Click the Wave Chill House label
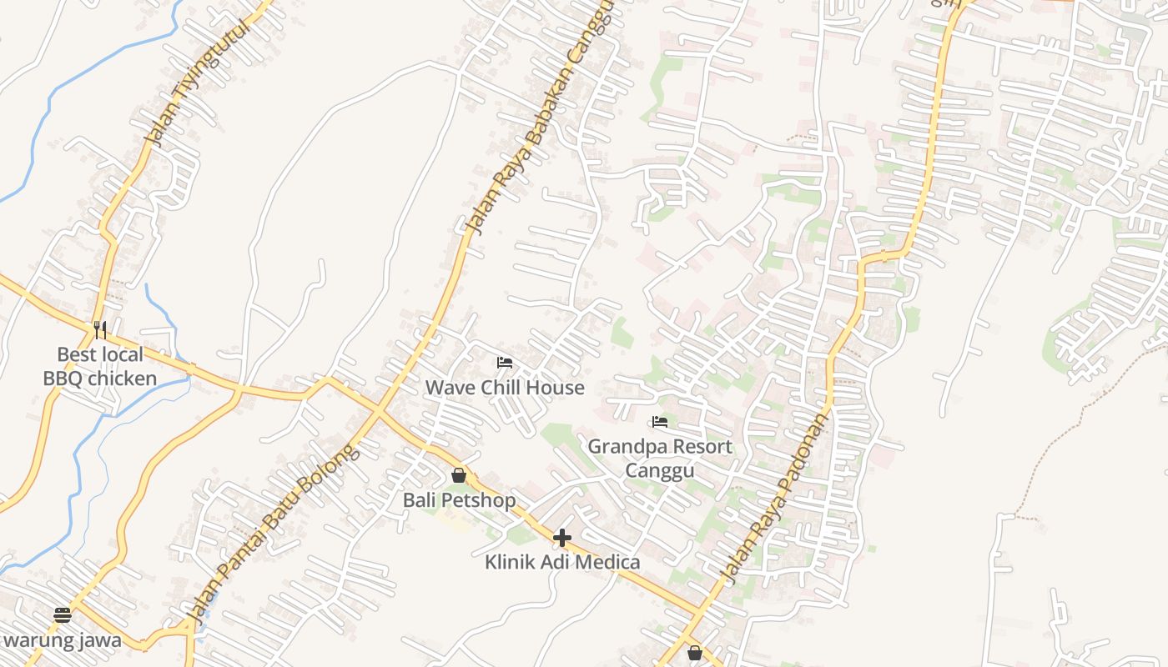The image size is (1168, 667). [505, 388]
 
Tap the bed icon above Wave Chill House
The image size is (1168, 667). [505, 363]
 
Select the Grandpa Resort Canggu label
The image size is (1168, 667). [660, 459]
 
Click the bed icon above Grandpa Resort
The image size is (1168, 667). [660, 422]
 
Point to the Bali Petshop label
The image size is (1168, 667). [459, 500]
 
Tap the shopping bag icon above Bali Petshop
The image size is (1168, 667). [459, 476]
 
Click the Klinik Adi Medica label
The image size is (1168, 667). [562, 562]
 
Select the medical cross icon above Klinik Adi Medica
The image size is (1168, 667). [562, 538]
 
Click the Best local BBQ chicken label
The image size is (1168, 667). [100, 367]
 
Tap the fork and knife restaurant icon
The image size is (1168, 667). [100, 330]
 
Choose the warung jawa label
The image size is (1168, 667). [63, 641]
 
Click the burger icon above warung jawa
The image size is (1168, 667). [63, 615]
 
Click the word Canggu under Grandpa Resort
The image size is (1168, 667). [660, 472]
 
